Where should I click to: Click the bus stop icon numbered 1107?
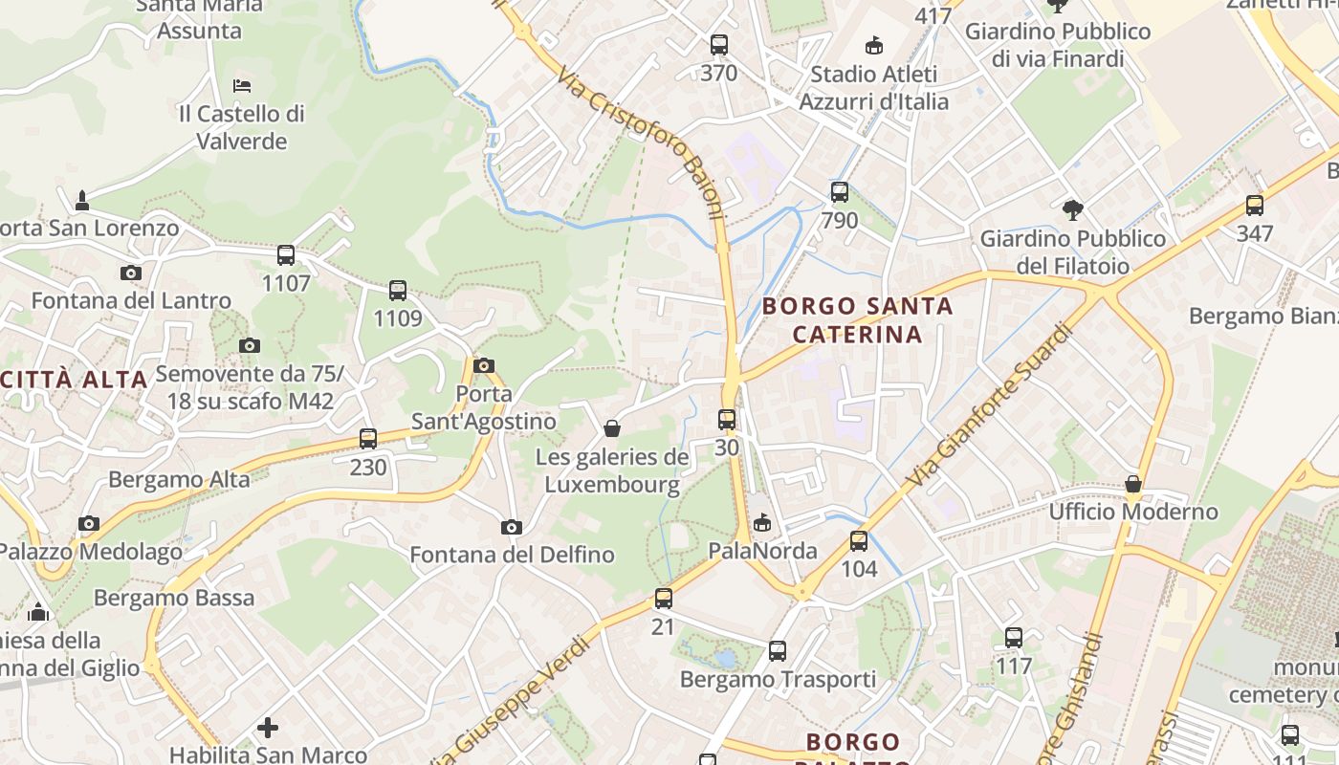tap(286, 255)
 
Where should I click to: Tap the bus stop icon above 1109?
tap(398, 291)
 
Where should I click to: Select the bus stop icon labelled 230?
tap(368, 439)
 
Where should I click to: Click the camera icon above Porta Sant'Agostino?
tap(484, 365)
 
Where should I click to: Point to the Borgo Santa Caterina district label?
tap(858, 320)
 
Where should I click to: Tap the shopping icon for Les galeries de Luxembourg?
tap(612, 428)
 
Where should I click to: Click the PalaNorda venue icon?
tap(762, 523)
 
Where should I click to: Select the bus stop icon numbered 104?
tap(859, 541)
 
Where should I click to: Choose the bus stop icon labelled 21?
tap(663, 600)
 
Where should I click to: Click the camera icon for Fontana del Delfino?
tap(512, 527)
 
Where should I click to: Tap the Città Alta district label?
tap(75, 379)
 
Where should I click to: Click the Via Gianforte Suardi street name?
tap(989, 405)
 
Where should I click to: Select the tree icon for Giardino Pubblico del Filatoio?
tap(1073, 209)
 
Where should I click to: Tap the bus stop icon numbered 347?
tap(1255, 206)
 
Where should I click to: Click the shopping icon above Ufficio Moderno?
tap(1133, 484)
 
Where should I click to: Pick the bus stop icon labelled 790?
tap(840, 192)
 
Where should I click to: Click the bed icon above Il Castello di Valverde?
tap(242, 85)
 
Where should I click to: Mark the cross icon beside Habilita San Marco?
tap(268, 729)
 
